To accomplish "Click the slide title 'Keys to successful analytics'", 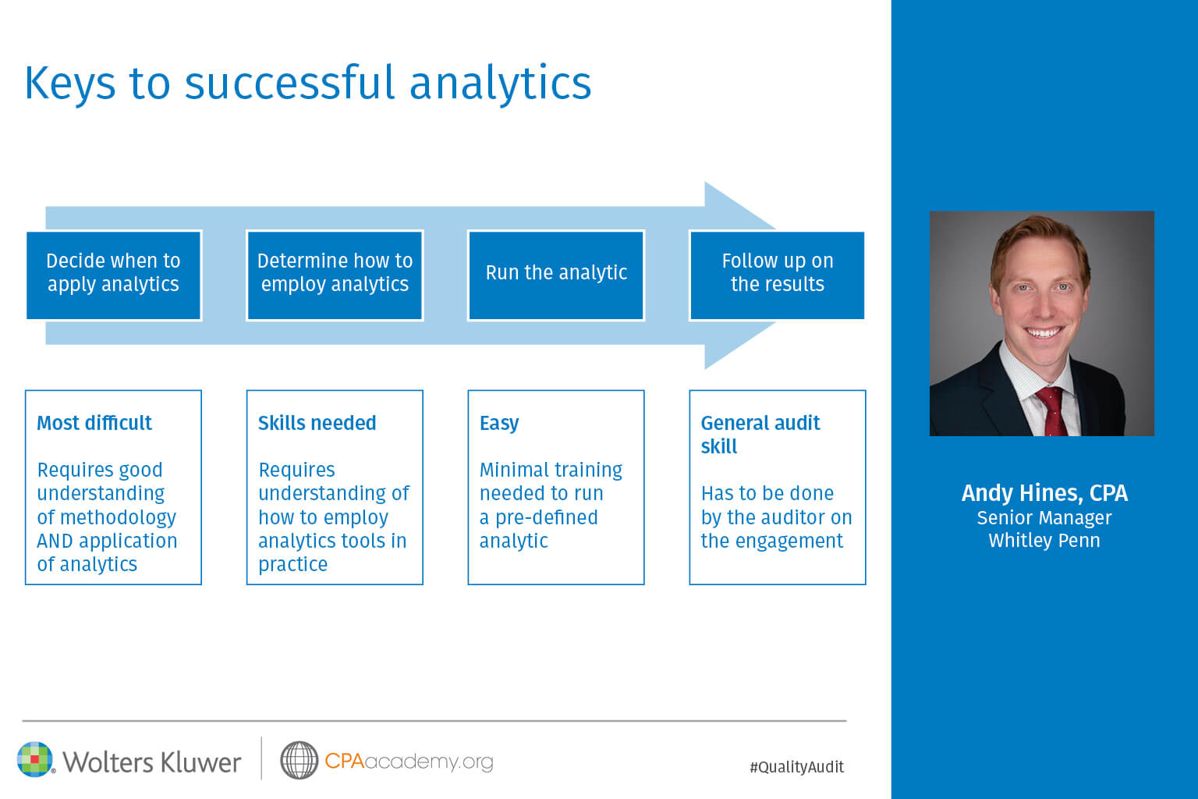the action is point(308,84).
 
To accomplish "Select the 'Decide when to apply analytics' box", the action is point(114,275).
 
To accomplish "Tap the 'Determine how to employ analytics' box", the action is point(335,275).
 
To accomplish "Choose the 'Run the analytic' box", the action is point(556,275).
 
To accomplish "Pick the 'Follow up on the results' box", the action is point(777,275).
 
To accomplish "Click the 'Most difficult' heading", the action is point(94,423).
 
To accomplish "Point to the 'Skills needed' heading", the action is point(317,423).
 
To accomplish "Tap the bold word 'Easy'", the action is point(499,424).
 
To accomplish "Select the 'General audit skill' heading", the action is point(760,435).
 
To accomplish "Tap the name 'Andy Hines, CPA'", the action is point(1044,493).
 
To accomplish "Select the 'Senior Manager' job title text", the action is point(1044,518).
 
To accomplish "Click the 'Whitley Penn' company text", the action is point(1044,541).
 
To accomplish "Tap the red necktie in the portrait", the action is point(1052,411).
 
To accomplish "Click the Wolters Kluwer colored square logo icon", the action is point(35,759).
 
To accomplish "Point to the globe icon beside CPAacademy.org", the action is point(299,760).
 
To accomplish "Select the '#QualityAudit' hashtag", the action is point(797,767).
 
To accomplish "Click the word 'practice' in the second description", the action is point(293,565).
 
